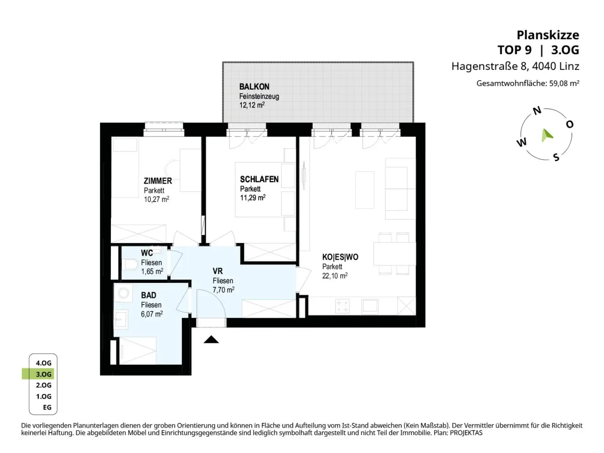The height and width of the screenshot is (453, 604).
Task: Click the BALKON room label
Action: (x=254, y=87)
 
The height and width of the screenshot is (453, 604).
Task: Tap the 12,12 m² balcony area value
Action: (x=252, y=105)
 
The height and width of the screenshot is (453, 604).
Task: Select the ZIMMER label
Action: (x=158, y=181)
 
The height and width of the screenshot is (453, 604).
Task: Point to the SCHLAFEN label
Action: (x=259, y=179)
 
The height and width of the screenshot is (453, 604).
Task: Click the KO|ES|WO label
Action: (x=340, y=257)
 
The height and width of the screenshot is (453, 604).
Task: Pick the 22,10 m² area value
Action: (x=335, y=275)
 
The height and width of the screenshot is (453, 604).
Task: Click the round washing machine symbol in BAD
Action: (x=123, y=293)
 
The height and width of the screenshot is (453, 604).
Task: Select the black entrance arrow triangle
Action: (x=211, y=340)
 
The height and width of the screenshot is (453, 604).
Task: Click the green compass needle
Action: (x=546, y=135)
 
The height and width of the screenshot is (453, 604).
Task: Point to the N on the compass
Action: (x=537, y=110)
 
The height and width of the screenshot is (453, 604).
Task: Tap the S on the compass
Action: (x=556, y=157)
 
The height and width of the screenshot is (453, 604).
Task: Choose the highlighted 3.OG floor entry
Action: (x=44, y=374)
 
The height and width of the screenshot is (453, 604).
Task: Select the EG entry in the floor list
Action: (x=47, y=407)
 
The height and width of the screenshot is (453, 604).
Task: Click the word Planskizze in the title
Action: (x=548, y=35)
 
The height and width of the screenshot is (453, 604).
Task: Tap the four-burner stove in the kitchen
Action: (x=343, y=306)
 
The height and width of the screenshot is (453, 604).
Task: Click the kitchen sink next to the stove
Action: (x=370, y=306)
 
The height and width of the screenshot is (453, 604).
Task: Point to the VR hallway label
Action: (x=217, y=271)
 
